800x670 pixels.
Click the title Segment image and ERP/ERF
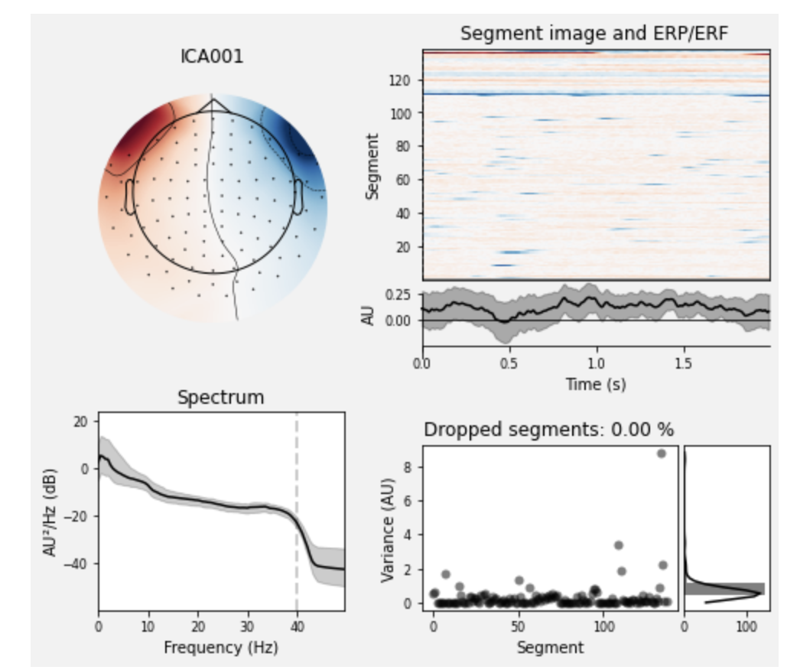click(595, 34)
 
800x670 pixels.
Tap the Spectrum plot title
click(220, 397)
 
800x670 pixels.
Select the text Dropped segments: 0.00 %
click(548, 430)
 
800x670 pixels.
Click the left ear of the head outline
click(130, 197)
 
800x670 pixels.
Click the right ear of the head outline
click(297, 197)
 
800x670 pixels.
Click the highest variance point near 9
click(662, 454)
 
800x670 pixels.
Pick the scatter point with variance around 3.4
click(619, 545)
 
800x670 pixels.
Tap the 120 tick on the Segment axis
click(405, 80)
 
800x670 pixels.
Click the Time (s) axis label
click(595, 384)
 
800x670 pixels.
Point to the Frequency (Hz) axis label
click(220, 647)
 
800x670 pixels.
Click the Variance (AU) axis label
click(387, 528)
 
